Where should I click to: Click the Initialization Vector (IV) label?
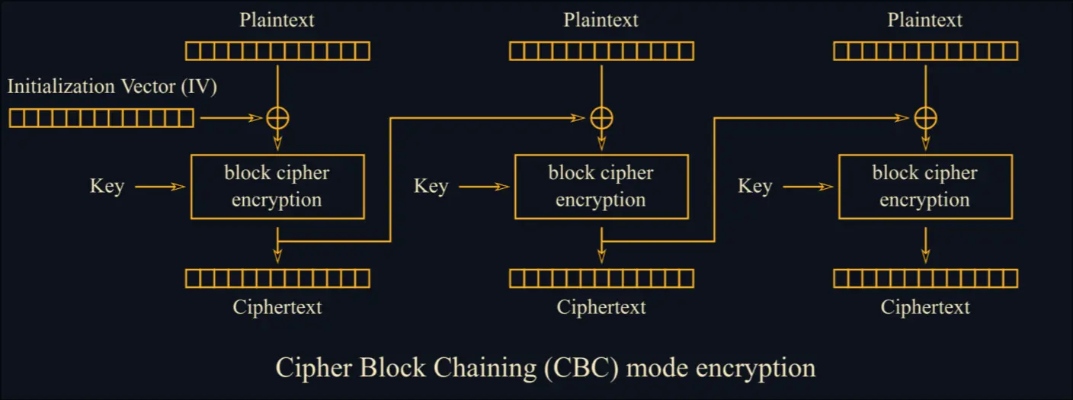click(113, 87)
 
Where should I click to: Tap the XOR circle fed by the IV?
click(277, 118)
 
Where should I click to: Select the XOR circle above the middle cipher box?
click(601, 118)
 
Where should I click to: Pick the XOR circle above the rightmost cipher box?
click(925, 118)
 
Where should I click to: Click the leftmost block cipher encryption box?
click(277, 187)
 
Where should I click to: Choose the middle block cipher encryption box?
click(601, 187)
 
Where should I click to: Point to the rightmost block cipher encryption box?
click(925, 187)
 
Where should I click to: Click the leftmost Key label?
click(107, 187)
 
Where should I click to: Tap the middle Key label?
click(431, 187)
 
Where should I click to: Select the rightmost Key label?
click(754, 187)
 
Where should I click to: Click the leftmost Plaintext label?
click(277, 20)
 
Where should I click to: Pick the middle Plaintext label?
click(601, 20)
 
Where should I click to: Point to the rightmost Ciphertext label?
click(925, 308)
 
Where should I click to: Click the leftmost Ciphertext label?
click(277, 308)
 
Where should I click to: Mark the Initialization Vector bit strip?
click(101, 118)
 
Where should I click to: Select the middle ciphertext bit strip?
click(601, 278)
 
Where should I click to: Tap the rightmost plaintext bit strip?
click(925, 51)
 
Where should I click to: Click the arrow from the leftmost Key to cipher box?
click(160, 187)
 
